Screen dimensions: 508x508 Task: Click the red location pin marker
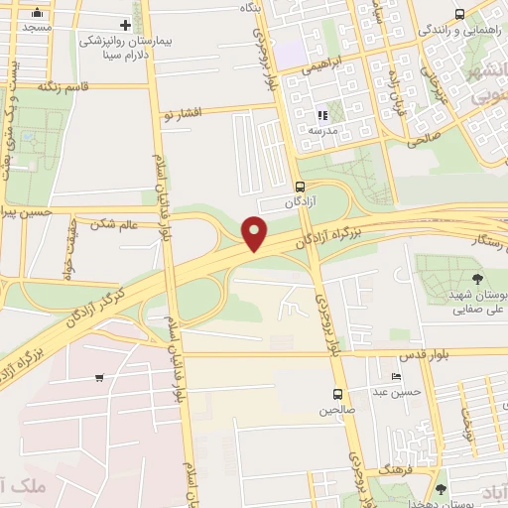[256, 234]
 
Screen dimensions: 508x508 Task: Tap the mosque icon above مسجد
[38, 13]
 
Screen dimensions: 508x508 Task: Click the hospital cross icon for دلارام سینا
[125, 25]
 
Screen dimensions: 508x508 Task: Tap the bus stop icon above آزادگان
[301, 186]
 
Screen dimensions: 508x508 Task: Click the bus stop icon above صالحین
[338, 394]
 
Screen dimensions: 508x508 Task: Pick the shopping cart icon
[99, 377]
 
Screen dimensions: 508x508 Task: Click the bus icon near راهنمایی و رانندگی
[458, 14]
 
